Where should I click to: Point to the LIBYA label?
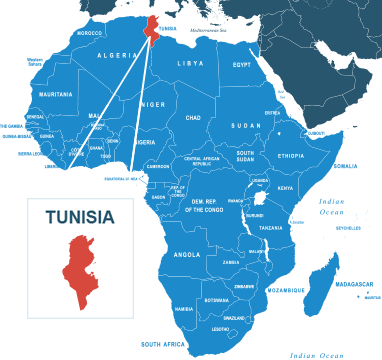[x=190, y=63]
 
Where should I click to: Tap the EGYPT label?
[x=242, y=65]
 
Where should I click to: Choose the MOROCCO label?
[x=90, y=33]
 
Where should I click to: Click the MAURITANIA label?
[x=55, y=94]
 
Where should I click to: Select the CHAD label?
[x=193, y=117]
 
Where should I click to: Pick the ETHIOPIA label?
[x=291, y=156]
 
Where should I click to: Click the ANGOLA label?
[x=187, y=254]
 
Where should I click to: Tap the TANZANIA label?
[x=271, y=228]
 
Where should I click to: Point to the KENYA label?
[x=285, y=188]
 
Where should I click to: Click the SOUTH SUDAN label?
[x=245, y=156]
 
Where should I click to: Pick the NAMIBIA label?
[x=184, y=309]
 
